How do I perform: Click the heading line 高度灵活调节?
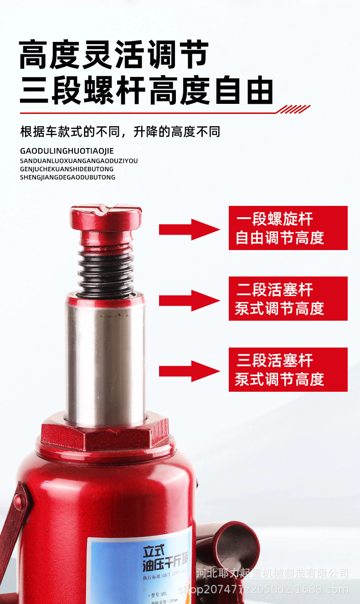point(114,55)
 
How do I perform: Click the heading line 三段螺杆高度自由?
point(146,91)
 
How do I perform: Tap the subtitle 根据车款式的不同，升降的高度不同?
point(120,132)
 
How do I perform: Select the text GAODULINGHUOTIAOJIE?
point(67,151)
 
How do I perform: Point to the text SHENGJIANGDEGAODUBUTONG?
point(67,177)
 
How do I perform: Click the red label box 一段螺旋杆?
point(288,228)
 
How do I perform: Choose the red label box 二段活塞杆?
point(288,298)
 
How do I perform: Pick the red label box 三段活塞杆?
point(288,369)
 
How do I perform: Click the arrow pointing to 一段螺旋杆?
point(189,229)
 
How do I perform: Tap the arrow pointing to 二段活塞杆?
point(189,300)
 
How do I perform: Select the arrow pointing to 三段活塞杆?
point(189,371)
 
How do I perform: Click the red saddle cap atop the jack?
point(106,217)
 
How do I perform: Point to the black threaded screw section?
point(106,269)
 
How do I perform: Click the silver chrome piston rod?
point(106,360)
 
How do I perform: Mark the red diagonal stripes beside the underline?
point(293,109)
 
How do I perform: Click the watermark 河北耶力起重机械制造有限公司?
point(273,573)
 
